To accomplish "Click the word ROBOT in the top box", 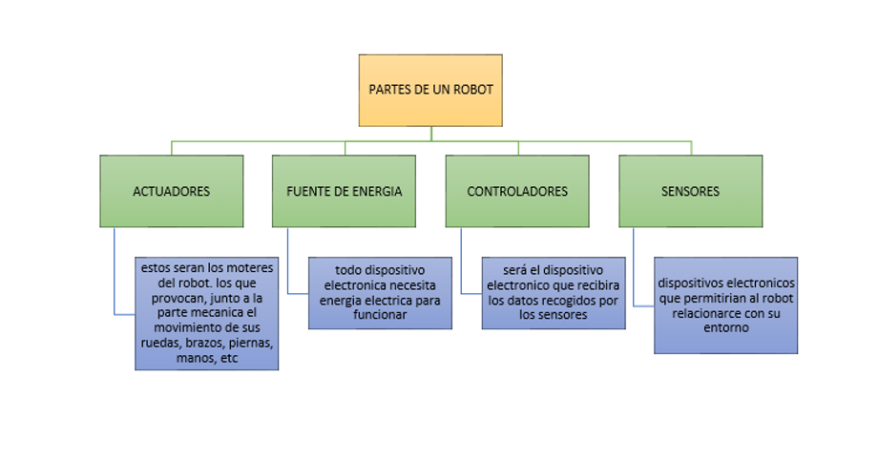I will (x=473, y=90).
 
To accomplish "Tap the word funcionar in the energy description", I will (x=379, y=315).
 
